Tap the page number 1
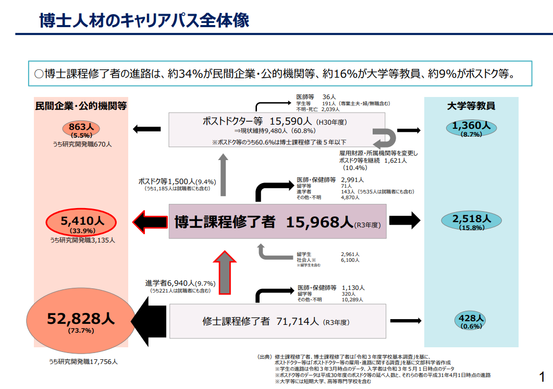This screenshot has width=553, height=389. (542, 376)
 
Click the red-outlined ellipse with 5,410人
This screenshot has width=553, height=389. (82, 223)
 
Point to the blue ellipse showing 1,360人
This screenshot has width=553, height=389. (471, 128)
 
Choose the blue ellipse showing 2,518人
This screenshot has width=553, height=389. (471, 222)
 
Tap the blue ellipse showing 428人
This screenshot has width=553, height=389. (471, 321)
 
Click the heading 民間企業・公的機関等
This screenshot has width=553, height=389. (81, 106)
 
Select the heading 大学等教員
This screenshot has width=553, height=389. (471, 106)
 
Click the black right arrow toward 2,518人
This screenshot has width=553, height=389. (404, 221)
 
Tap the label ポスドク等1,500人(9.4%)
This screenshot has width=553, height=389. (177, 181)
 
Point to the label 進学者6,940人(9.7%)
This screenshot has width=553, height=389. (180, 283)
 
